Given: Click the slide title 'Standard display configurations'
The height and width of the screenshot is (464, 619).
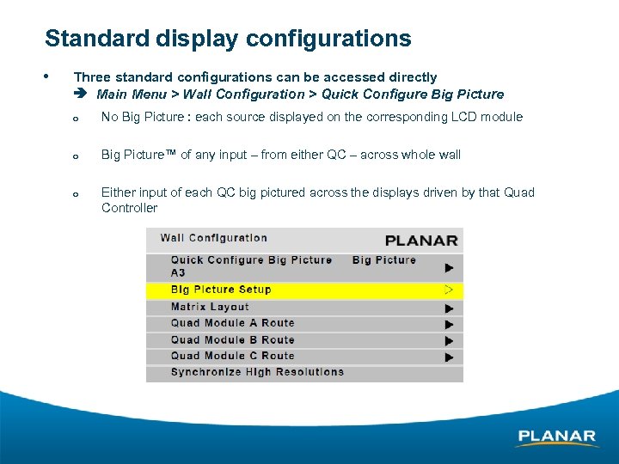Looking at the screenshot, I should pyautogui.click(x=228, y=39).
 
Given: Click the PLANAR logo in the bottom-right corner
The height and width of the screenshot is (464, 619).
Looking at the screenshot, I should pyautogui.click(x=557, y=437).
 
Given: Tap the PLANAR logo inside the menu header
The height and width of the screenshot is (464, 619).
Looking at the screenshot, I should pyautogui.click(x=421, y=241).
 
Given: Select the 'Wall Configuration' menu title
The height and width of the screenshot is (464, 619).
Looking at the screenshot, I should pyautogui.click(x=214, y=238).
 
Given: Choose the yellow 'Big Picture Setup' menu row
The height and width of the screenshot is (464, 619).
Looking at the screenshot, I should pyautogui.click(x=221, y=290).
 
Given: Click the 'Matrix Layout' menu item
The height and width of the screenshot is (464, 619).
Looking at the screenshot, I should pyautogui.click(x=210, y=307).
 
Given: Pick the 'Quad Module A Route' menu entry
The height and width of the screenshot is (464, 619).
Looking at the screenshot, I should pyautogui.click(x=232, y=323).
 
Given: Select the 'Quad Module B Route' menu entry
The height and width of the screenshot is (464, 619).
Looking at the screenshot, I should pyautogui.click(x=232, y=339).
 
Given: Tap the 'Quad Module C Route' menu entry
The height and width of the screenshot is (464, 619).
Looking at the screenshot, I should pyautogui.click(x=232, y=356).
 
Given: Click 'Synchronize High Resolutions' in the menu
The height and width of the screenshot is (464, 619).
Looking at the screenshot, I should pyautogui.click(x=257, y=372).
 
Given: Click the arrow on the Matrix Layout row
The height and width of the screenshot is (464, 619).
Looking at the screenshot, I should pyautogui.click(x=449, y=308).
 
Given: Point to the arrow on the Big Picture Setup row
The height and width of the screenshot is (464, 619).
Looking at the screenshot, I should pyautogui.click(x=449, y=290).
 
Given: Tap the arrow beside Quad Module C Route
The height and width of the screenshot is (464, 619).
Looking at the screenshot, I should pyautogui.click(x=449, y=357).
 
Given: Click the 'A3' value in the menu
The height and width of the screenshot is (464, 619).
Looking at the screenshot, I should pyautogui.click(x=178, y=273).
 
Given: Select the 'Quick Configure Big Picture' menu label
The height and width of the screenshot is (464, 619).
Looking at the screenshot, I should pyautogui.click(x=251, y=259).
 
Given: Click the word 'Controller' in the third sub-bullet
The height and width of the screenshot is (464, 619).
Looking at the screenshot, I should pyautogui.click(x=130, y=208).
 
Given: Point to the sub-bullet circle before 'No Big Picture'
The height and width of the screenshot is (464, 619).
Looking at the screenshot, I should pyautogui.click(x=77, y=119).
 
